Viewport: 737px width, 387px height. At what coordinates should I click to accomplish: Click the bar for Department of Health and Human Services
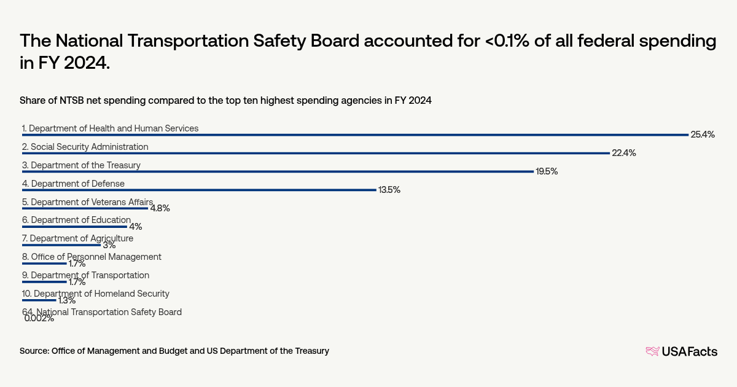(355, 135)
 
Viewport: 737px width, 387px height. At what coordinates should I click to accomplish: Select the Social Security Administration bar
(316, 153)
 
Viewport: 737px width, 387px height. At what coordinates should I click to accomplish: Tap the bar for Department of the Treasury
(278, 171)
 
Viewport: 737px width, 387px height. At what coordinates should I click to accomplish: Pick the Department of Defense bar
(199, 190)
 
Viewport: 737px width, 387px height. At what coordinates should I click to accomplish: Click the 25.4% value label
(703, 135)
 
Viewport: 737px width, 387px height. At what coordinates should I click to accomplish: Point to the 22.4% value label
(623, 153)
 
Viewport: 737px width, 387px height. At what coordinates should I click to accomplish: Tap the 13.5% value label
(389, 190)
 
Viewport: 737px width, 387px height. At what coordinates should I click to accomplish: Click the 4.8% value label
(160, 208)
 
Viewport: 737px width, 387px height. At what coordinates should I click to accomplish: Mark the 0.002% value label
(39, 318)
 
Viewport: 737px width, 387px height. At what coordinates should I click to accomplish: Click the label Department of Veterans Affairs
(87, 201)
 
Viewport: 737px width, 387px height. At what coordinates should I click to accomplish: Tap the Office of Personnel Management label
(92, 257)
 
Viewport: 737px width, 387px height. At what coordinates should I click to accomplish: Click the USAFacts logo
(681, 351)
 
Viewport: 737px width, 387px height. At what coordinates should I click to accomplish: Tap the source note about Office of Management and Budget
(174, 351)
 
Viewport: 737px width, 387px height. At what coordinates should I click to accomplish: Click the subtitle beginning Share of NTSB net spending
(225, 101)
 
